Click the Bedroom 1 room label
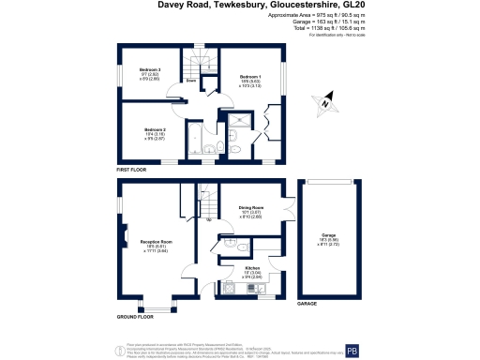click(249, 76)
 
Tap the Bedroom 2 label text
click(155, 129)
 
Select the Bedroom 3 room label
click(151, 70)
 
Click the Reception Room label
click(155, 242)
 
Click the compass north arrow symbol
click(325, 105)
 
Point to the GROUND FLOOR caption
click(134, 318)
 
